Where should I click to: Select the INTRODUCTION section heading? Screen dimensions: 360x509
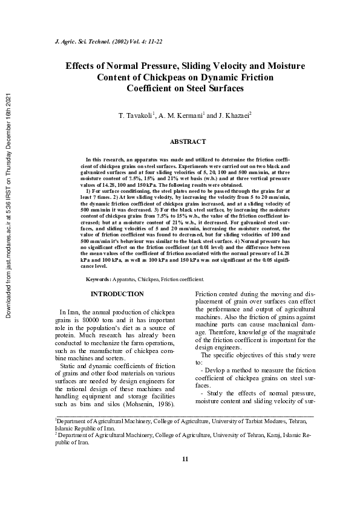point(117,294)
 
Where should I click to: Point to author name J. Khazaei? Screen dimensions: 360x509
point(231,114)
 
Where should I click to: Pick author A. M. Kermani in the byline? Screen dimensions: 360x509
point(180,114)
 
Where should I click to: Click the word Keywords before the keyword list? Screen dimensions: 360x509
point(97,279)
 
